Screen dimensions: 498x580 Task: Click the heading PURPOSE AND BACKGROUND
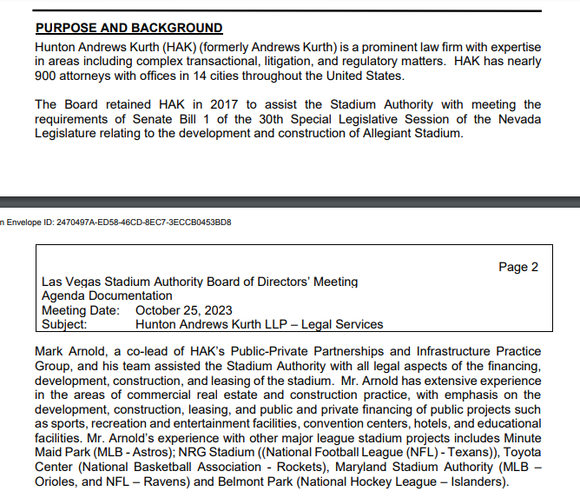(x=129, y=28)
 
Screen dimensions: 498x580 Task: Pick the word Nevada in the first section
(x=518, y=120)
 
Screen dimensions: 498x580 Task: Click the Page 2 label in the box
(x=518, y=267)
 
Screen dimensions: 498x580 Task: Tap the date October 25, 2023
(x=184, y=310)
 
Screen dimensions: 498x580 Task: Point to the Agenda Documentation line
(x=107, y=296)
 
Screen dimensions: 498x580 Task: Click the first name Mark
(x=50, y=351)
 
